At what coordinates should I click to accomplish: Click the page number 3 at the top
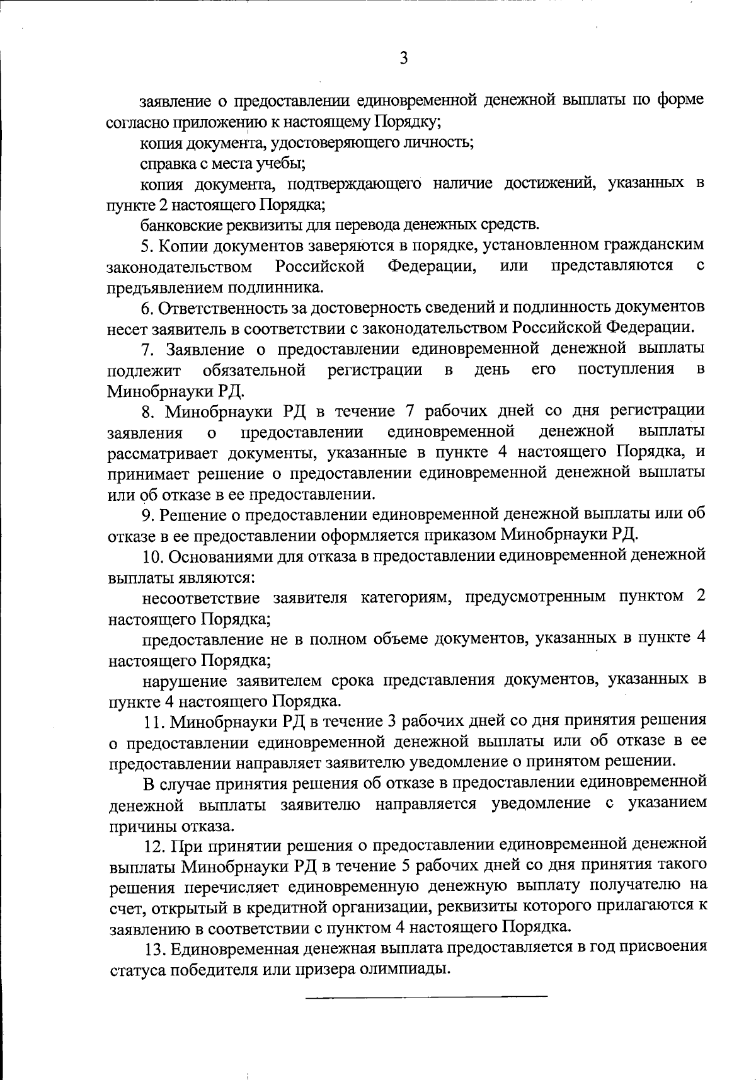pos(404,59)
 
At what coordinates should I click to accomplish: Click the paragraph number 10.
pos(154,556)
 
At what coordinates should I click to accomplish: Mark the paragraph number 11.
pos(154,720)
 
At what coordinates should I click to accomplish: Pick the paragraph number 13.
pos(154,947)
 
